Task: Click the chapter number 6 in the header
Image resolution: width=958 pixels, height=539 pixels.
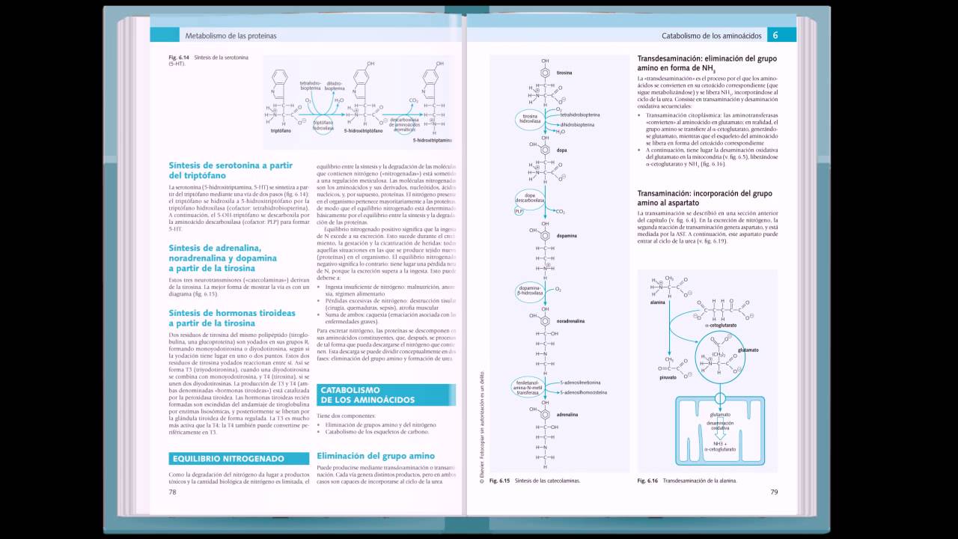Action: pyautogui.click(x=775, y=35)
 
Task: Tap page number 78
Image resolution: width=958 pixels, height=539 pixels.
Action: pyautogui.click(x=172, y=492)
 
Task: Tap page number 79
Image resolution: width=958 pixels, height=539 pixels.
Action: pyautogui.click(x=774, y=492)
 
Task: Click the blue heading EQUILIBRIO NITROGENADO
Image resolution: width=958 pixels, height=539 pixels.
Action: pyautogui.click(x=228, y=458)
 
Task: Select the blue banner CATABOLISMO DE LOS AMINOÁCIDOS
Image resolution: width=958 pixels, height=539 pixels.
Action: pyautogui.click(x=385, y=395)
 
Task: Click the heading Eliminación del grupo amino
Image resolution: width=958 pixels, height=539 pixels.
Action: pyautogui.click(x=376, y=455)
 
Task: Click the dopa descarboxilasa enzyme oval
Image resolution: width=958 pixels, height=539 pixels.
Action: pyautogui.click(x=528, y=198)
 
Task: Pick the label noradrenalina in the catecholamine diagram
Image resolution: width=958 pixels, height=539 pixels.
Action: pyautogui.click(x=570, y=320)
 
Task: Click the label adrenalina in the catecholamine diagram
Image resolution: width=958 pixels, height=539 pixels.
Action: pyautogui.click(x=567, y=412)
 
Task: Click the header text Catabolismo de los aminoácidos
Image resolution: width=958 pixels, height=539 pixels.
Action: pyautogui.click(x=711, y=35)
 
